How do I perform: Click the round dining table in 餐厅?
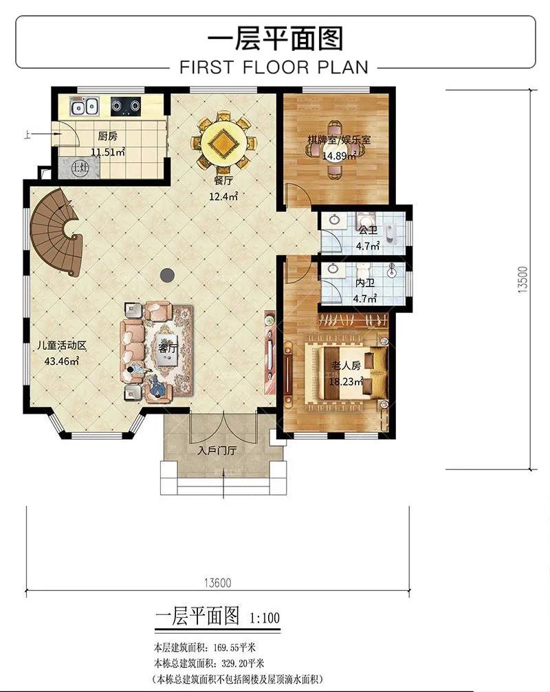click(223, 142)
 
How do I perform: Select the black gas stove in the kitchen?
click(125, 106)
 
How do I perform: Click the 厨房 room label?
click(107, 136)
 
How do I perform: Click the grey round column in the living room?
click(166, 276)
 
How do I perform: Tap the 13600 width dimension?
click(218, 583)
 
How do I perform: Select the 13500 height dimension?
click(522, 280)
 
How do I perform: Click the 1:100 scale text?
click(265, 617)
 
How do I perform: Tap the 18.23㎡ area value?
click(346, 381)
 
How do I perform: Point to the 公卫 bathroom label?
click(368, 230)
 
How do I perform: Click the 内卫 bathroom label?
click(364, 283)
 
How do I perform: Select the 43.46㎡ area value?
click(61, 361)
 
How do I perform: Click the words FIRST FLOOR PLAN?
click(274, 67)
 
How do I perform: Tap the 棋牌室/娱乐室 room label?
click(339, 140)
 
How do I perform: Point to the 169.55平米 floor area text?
click(234, 648)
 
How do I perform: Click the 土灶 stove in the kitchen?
click(80, 168)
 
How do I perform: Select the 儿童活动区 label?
click(62, 345)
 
